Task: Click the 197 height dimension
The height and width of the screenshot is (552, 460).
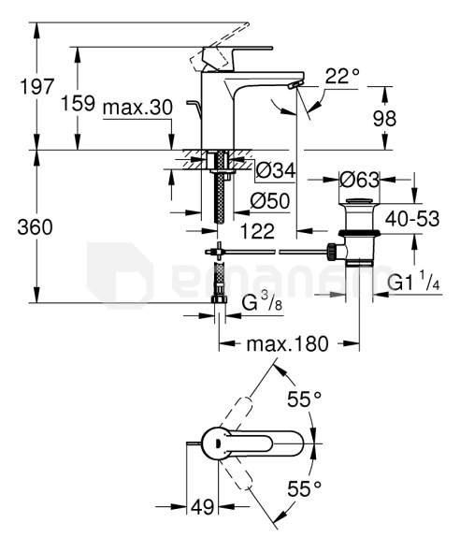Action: pos(37,87)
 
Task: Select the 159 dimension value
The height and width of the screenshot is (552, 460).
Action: pos(79,103)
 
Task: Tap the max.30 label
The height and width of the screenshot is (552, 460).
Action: pos(137,107)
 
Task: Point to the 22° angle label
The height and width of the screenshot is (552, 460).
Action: pos(342,76)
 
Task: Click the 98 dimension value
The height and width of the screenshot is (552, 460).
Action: pos(384,119)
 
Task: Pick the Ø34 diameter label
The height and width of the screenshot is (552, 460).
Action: pos(276,171)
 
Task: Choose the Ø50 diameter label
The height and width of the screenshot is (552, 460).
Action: pos(270,201)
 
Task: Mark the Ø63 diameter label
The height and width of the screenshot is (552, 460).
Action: pos(359,180)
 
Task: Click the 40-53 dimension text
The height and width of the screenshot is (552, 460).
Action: pos(412,219)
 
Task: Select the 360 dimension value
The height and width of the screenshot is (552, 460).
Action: pos(35,227)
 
